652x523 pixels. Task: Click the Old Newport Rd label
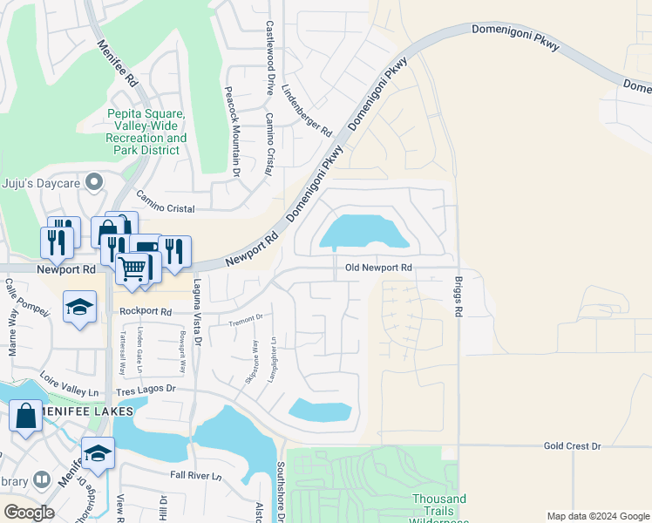pyautogui.click(x=378, y=268)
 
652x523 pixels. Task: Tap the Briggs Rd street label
pyautogui.click(x=458, y=297)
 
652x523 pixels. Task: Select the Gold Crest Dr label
pyautogui.click(x=572, y=445)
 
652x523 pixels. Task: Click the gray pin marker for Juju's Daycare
pyautogui.click(x=96, y=181)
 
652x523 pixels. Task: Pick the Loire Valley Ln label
pyautogui.click(x=70, y=384)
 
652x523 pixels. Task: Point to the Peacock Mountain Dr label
pyautogui.click(x=232, y=132)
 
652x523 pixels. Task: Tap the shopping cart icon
pyautogui.click(x=132, y=269)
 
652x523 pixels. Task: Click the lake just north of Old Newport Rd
pyautogui.click(x=364, y=233)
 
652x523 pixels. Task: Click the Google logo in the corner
pyautogui.click(x=29, y=513)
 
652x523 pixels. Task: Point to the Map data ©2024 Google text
pyautogui.click(x=597, y=516)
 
